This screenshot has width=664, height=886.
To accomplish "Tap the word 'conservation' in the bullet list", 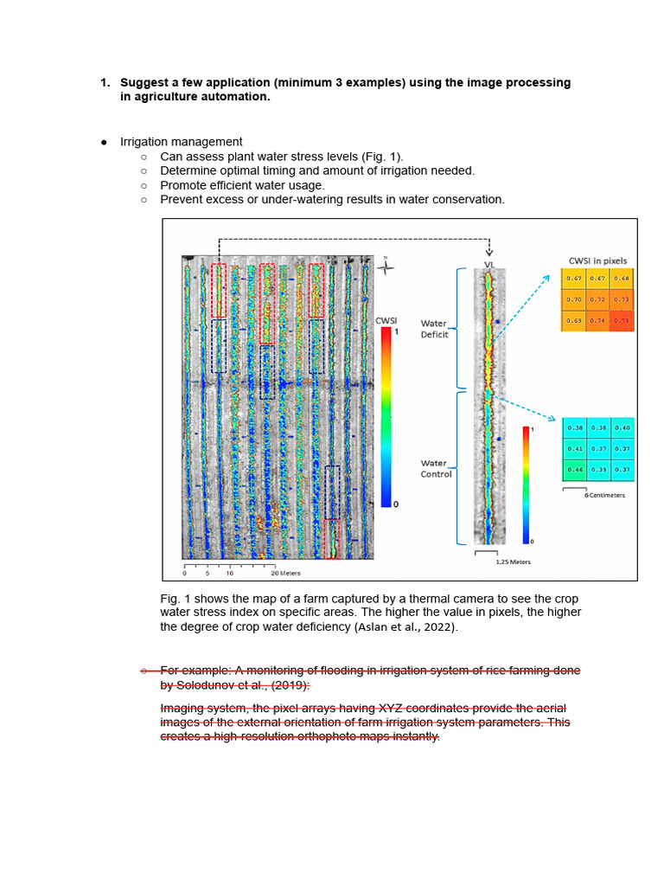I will pos(466,199).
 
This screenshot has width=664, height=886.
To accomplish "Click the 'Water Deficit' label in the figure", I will pos(435,329).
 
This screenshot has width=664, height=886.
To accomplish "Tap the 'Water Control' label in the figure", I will pos(436,468).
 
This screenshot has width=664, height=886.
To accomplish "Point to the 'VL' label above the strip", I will pos(490,264).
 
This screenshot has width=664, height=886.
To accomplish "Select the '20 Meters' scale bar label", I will pos(285,573).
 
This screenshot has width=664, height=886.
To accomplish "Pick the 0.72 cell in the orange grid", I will pos(597,299).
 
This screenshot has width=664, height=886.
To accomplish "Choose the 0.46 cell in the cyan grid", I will pos(574,468).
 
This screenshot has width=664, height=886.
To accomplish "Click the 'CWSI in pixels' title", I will pos(597,260).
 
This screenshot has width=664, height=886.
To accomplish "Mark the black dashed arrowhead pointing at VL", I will pos(490,253).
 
